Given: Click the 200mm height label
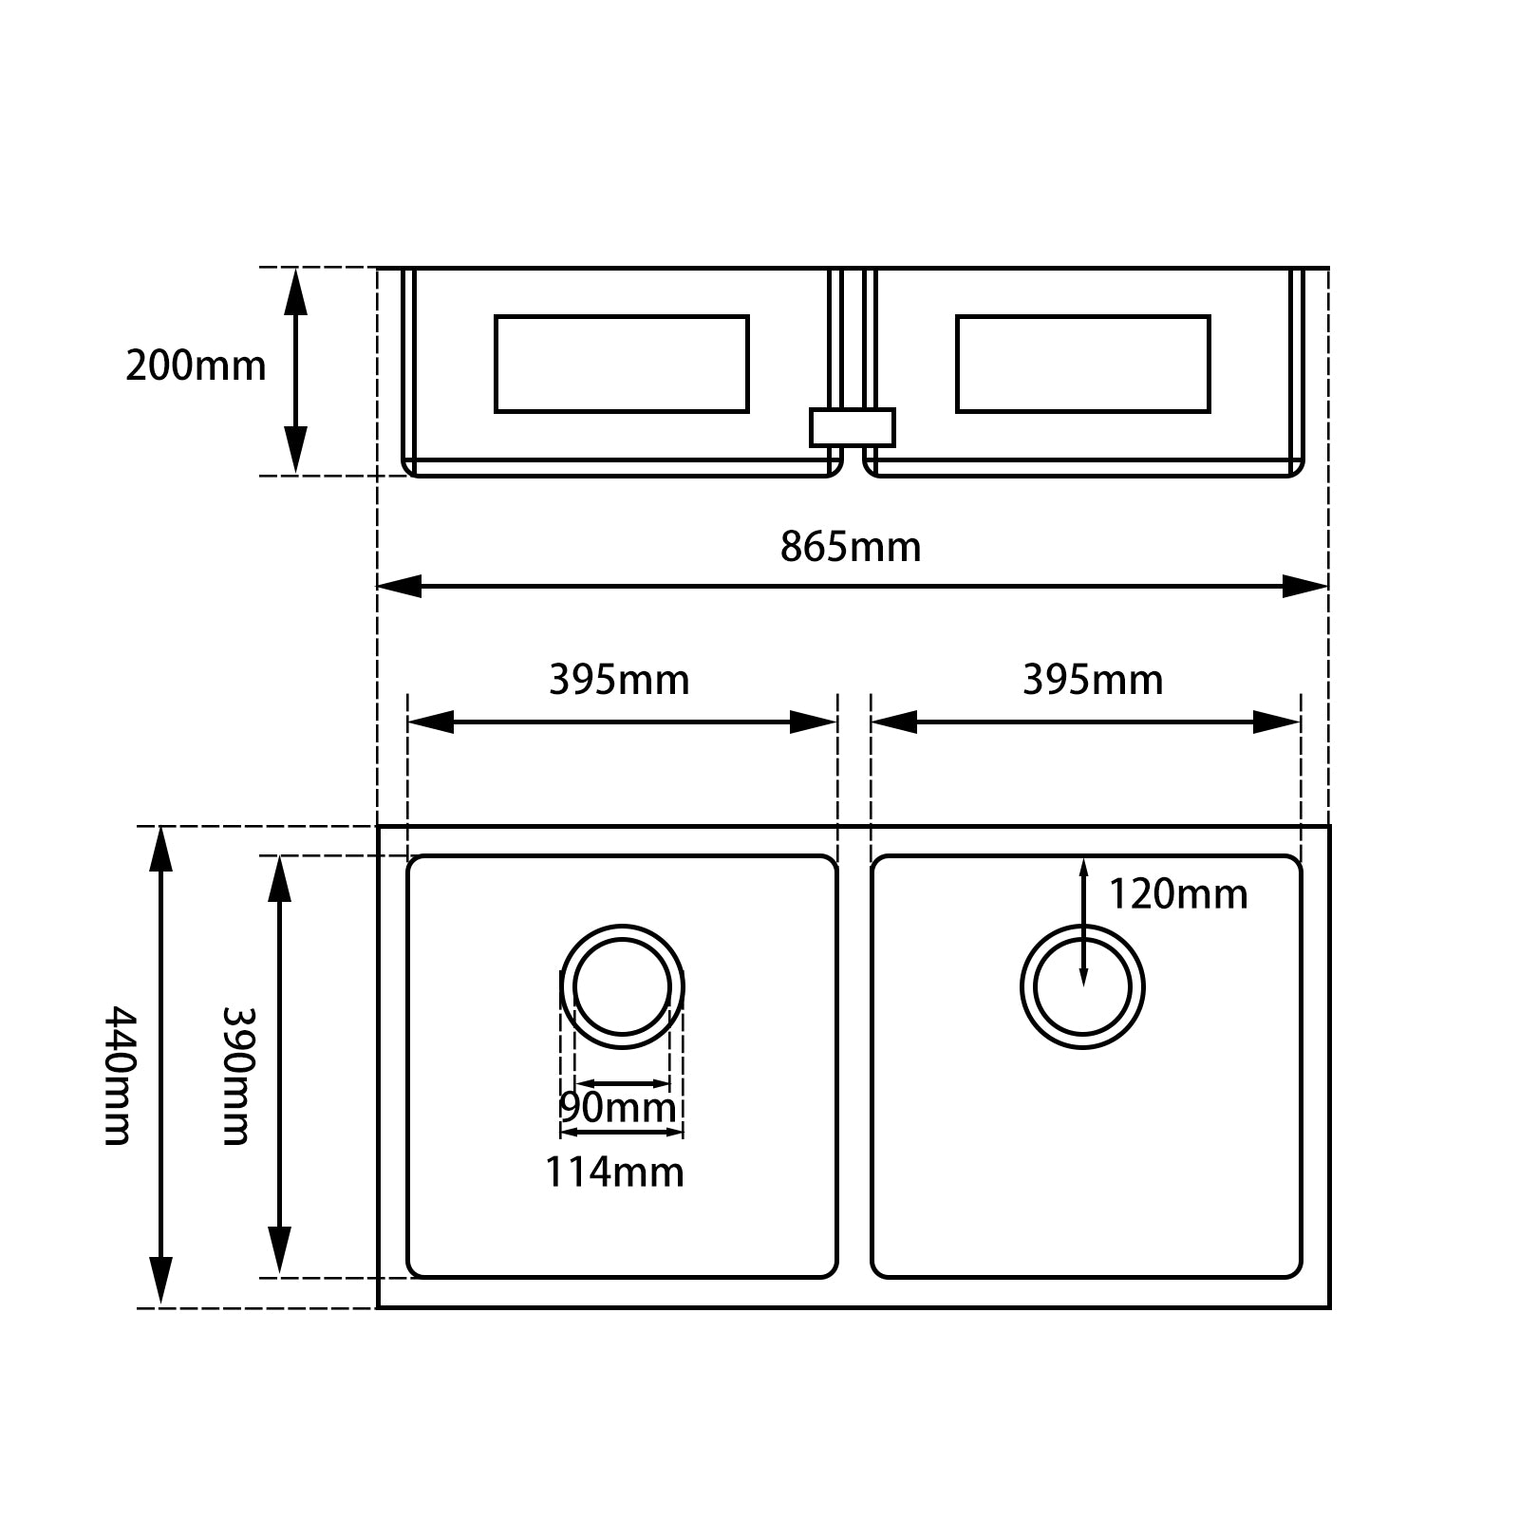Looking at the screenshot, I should click(x=196, y=366).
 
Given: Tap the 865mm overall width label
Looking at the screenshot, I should click(x=851, y=548).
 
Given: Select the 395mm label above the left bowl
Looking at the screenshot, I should click(x=619, y=681).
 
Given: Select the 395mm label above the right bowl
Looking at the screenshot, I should click(x=1092, y=681).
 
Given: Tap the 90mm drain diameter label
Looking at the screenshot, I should click(x=617, y=1107).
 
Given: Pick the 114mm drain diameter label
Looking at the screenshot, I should click(x=614, y=1172).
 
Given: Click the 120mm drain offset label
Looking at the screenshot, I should click(x=1177, y=894).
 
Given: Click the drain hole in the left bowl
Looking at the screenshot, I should click(x=622, y=986).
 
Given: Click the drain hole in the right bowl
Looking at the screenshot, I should click(x=1082, y=986).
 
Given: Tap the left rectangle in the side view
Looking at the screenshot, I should click(x=622, y=364).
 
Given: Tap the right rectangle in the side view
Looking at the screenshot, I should click(x=1082, y=364).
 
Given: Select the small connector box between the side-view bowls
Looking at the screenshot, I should click(x=852, y=427).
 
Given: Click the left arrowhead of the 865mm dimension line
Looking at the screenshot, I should click(x=399, y=586).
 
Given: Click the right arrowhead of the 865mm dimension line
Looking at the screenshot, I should click(x=1305, y=586).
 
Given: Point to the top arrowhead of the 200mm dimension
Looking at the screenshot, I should click(x=296, y=290).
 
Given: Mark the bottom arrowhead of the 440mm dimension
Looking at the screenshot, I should click(x=161, y=1282).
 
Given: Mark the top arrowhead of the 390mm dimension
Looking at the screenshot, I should click(x=279, y=878).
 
